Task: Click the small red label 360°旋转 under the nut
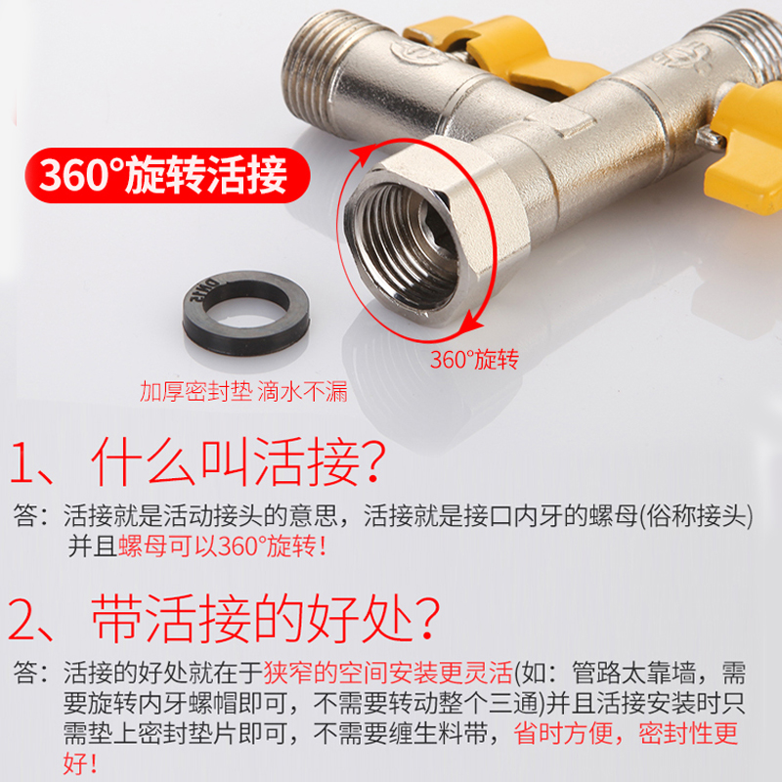point(473,360)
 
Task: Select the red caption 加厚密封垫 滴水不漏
point(243,393)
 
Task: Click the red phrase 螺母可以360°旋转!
point(222,545)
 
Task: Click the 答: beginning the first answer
point(35,515)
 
